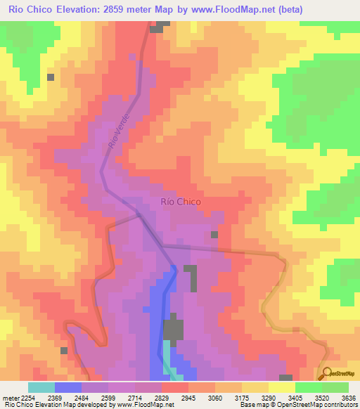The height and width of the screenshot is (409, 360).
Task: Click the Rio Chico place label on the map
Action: (181, 202)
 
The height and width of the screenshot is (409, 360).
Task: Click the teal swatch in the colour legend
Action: (41, 387)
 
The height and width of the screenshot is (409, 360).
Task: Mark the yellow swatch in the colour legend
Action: (281, 387)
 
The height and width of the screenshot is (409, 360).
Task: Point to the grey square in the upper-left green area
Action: (51, 77)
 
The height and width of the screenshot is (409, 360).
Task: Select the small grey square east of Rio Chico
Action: (214, 234)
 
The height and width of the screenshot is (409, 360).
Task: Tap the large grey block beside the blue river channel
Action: (174, 330)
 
